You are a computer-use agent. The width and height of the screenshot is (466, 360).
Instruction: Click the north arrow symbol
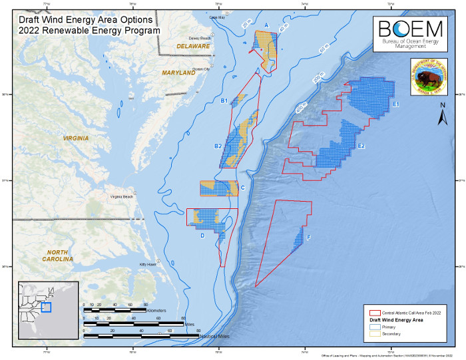(441, 118)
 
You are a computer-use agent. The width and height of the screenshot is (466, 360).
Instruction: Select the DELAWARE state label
(193, 46)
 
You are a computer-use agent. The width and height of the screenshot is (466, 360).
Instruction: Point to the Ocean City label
(200, 69)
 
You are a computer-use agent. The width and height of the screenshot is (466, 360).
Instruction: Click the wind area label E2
(361, 146)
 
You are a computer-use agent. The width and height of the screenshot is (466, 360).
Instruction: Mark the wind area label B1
(225, 100)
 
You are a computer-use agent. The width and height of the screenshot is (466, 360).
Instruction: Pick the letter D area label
(202, 235)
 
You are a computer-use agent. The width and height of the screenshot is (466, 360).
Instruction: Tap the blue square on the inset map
(45, 307)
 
